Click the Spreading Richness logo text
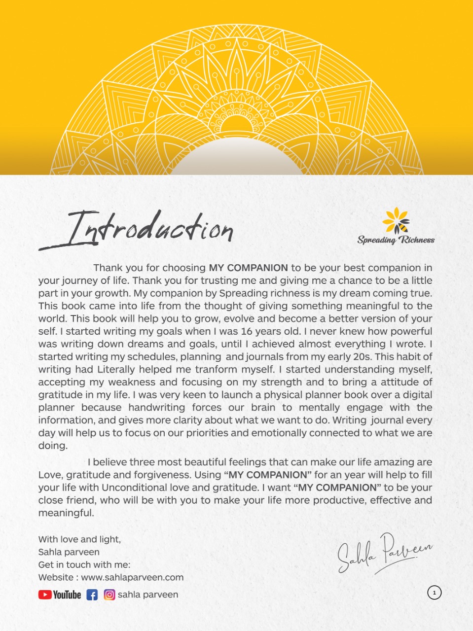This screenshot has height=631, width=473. (396, 240)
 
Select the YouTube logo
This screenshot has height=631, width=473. (60, 595)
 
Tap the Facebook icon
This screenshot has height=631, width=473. (92, 595)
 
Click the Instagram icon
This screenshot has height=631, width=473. (109, 595)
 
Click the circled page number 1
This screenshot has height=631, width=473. (434, 593)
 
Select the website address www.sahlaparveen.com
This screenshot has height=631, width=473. (132, 577)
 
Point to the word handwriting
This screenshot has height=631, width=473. (157, 408)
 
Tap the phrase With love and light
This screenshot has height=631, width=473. (79, 539)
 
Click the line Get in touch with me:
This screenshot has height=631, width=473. (84, 565)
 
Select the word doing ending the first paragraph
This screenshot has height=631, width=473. (53, 446)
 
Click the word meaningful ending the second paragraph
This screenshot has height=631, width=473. (66, 513)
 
